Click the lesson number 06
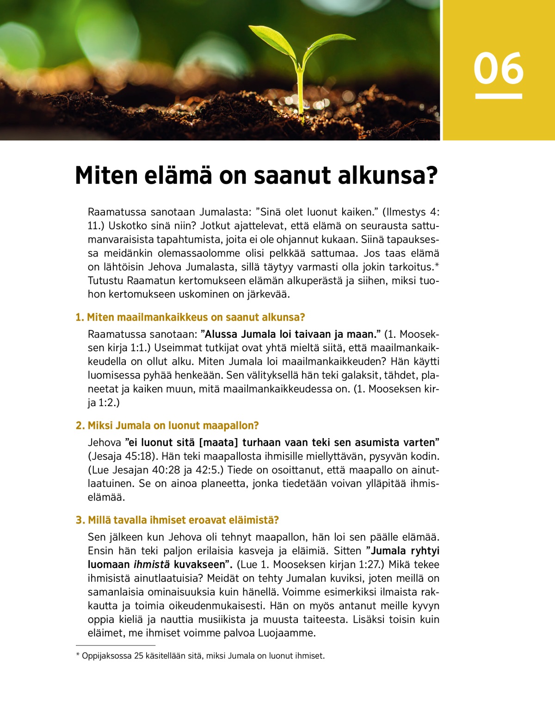pyautogui.click(x=499, y=68)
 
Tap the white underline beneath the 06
pyautogui.click(x=499, y=96)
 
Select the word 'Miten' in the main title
pyautogui.click(x=106, y=176)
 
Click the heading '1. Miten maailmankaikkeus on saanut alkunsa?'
pyautogui.click(x=190, y=317)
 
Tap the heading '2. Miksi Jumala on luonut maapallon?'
pyautogui.click(x=167, y=426)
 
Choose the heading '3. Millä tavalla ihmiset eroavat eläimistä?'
pyautogui.click(x=177, y=520)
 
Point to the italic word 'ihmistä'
pyautogui.click(x=152, y=565)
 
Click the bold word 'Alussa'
pyautogui.click(x=221, y=335)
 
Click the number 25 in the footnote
pyautogui.click(x=138, y=656)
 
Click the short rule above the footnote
pyautogui.click(x=115, y=645)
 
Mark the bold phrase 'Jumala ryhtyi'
pyautogui.click(x=406, y=551)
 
